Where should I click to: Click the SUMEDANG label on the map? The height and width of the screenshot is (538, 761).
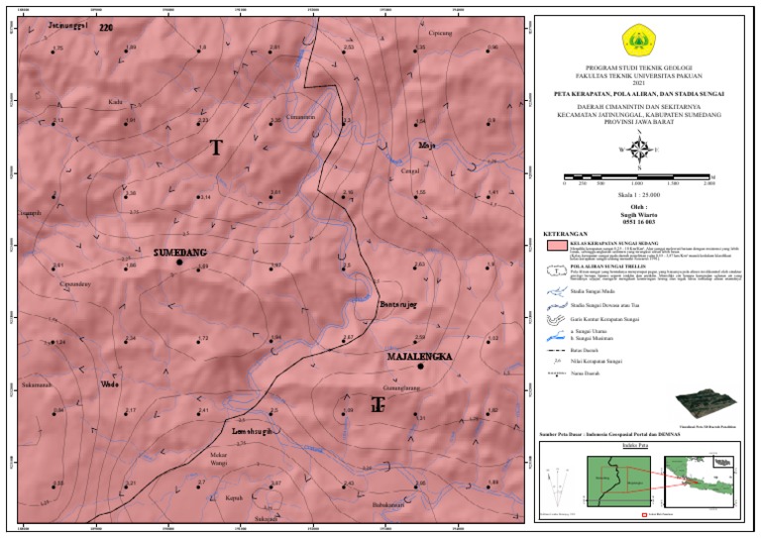[179, 253]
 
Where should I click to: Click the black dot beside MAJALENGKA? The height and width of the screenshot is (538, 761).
[420, 367]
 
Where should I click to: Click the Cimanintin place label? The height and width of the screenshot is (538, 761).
[299, 117]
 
